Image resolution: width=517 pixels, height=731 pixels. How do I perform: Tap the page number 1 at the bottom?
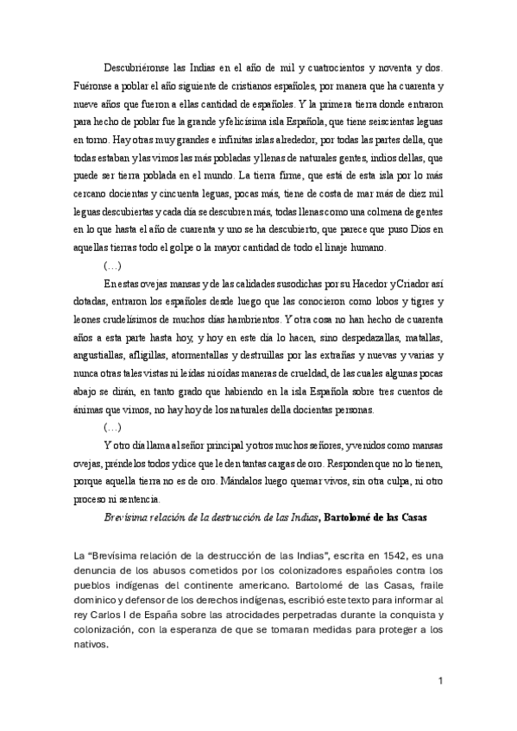pos(441,684)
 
